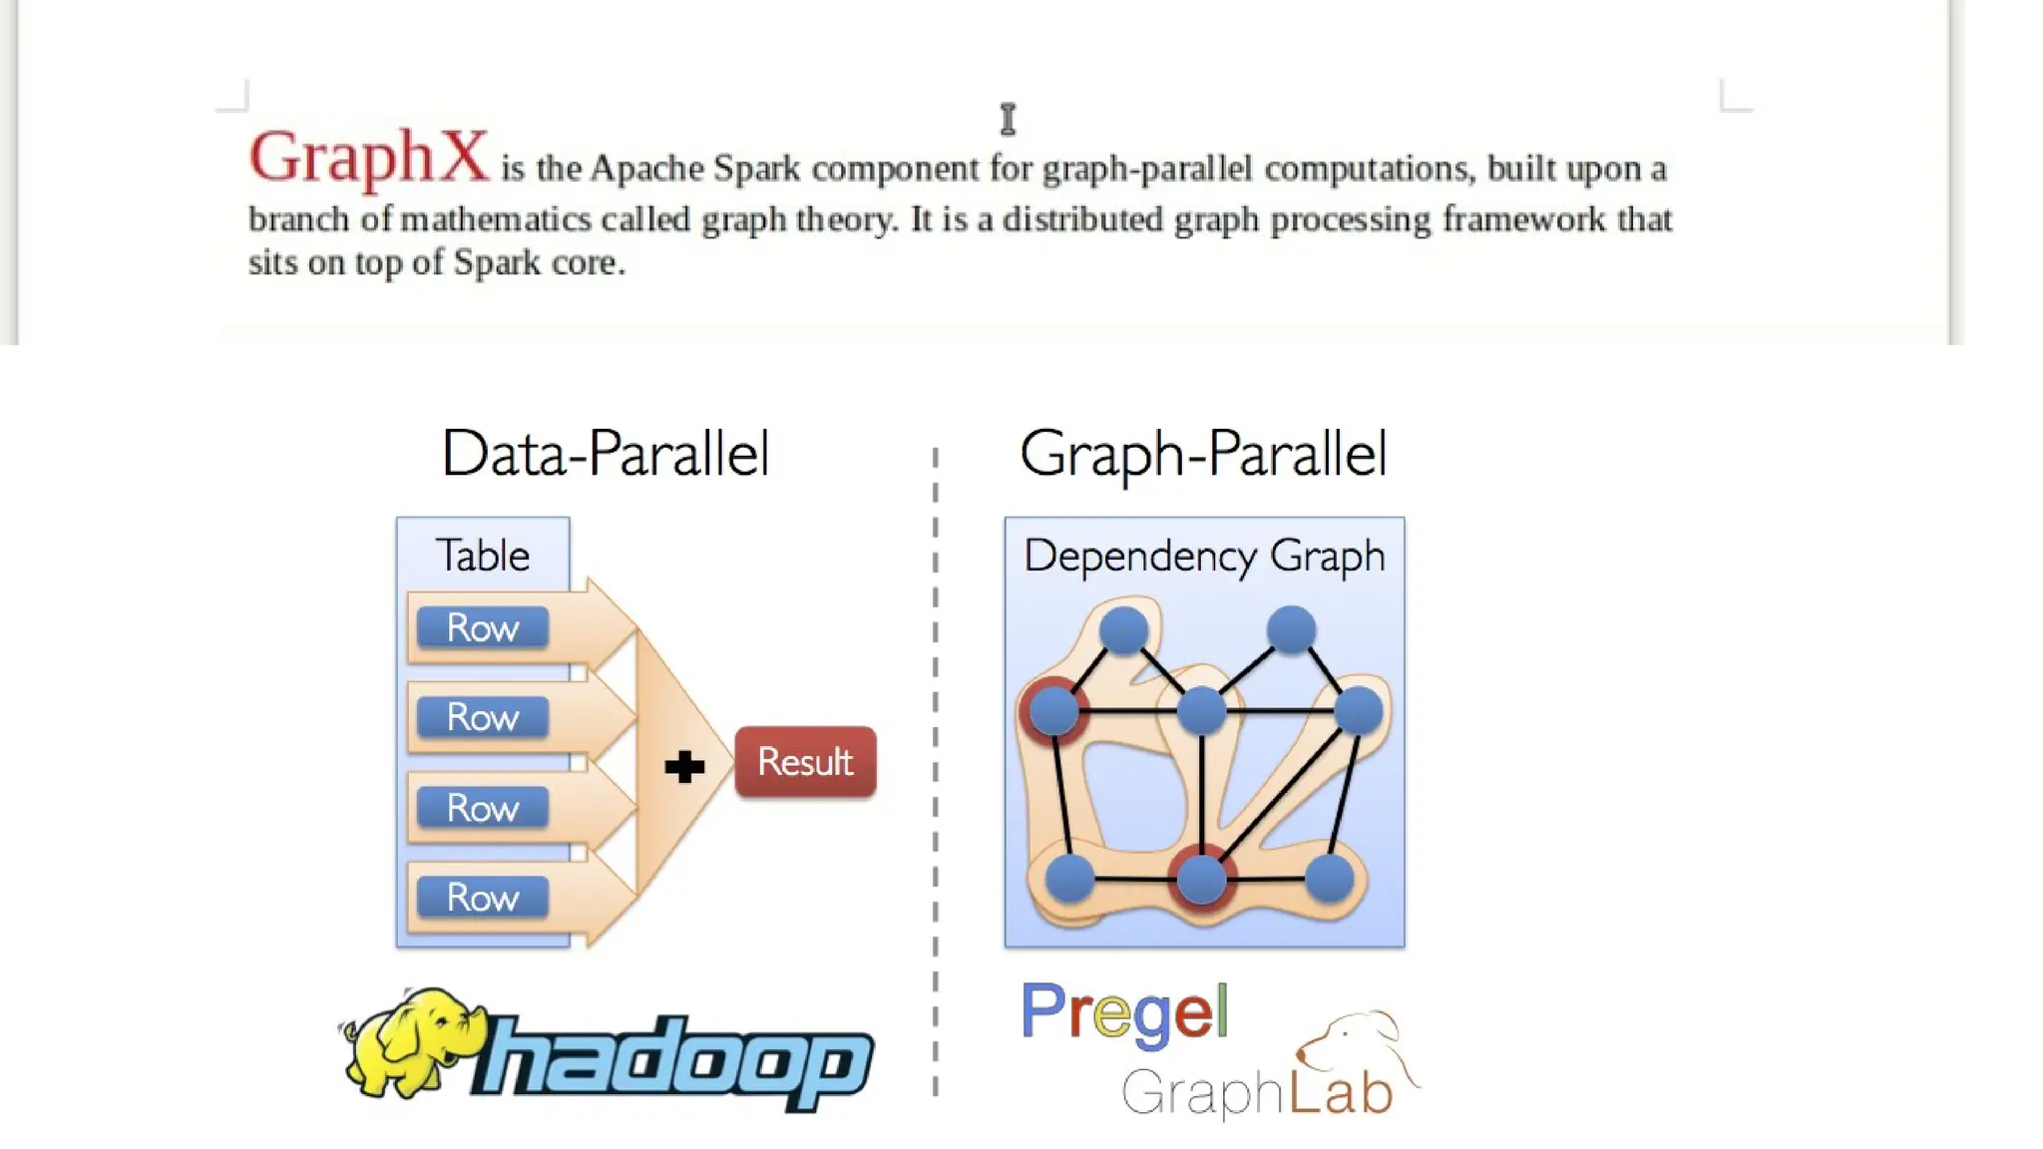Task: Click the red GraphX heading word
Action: [x=368, y=157]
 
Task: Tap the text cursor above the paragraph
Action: [x=1008, y=119]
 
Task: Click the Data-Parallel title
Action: [x=606, y=454]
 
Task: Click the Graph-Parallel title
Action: [x=1203, y=454]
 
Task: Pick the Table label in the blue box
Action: [x=483, y=556]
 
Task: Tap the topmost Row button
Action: [x=483, y=628]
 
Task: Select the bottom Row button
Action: [x=483, y=898]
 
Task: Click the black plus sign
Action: [x=684, y=767]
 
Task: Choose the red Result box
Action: [x=805, y=762]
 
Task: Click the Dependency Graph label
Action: [x=1204, y=556]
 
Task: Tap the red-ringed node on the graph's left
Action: [x=1053, y=710]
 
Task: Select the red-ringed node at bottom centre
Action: [x=1202, y=878]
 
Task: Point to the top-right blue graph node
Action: [x=1291, y=629]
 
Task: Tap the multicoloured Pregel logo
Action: [x=1124, y=1013]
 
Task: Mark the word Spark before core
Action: [x=495, y=263]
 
